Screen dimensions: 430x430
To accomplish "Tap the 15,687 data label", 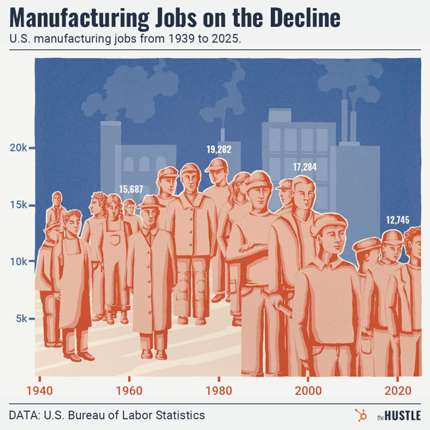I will click(131, 189).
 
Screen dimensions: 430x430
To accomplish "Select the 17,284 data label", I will click(304, 166).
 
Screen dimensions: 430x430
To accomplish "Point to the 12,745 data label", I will click(398, 220).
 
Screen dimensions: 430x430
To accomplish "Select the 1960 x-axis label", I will click(128, 390).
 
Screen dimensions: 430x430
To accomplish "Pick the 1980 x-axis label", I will click(218, 390).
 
